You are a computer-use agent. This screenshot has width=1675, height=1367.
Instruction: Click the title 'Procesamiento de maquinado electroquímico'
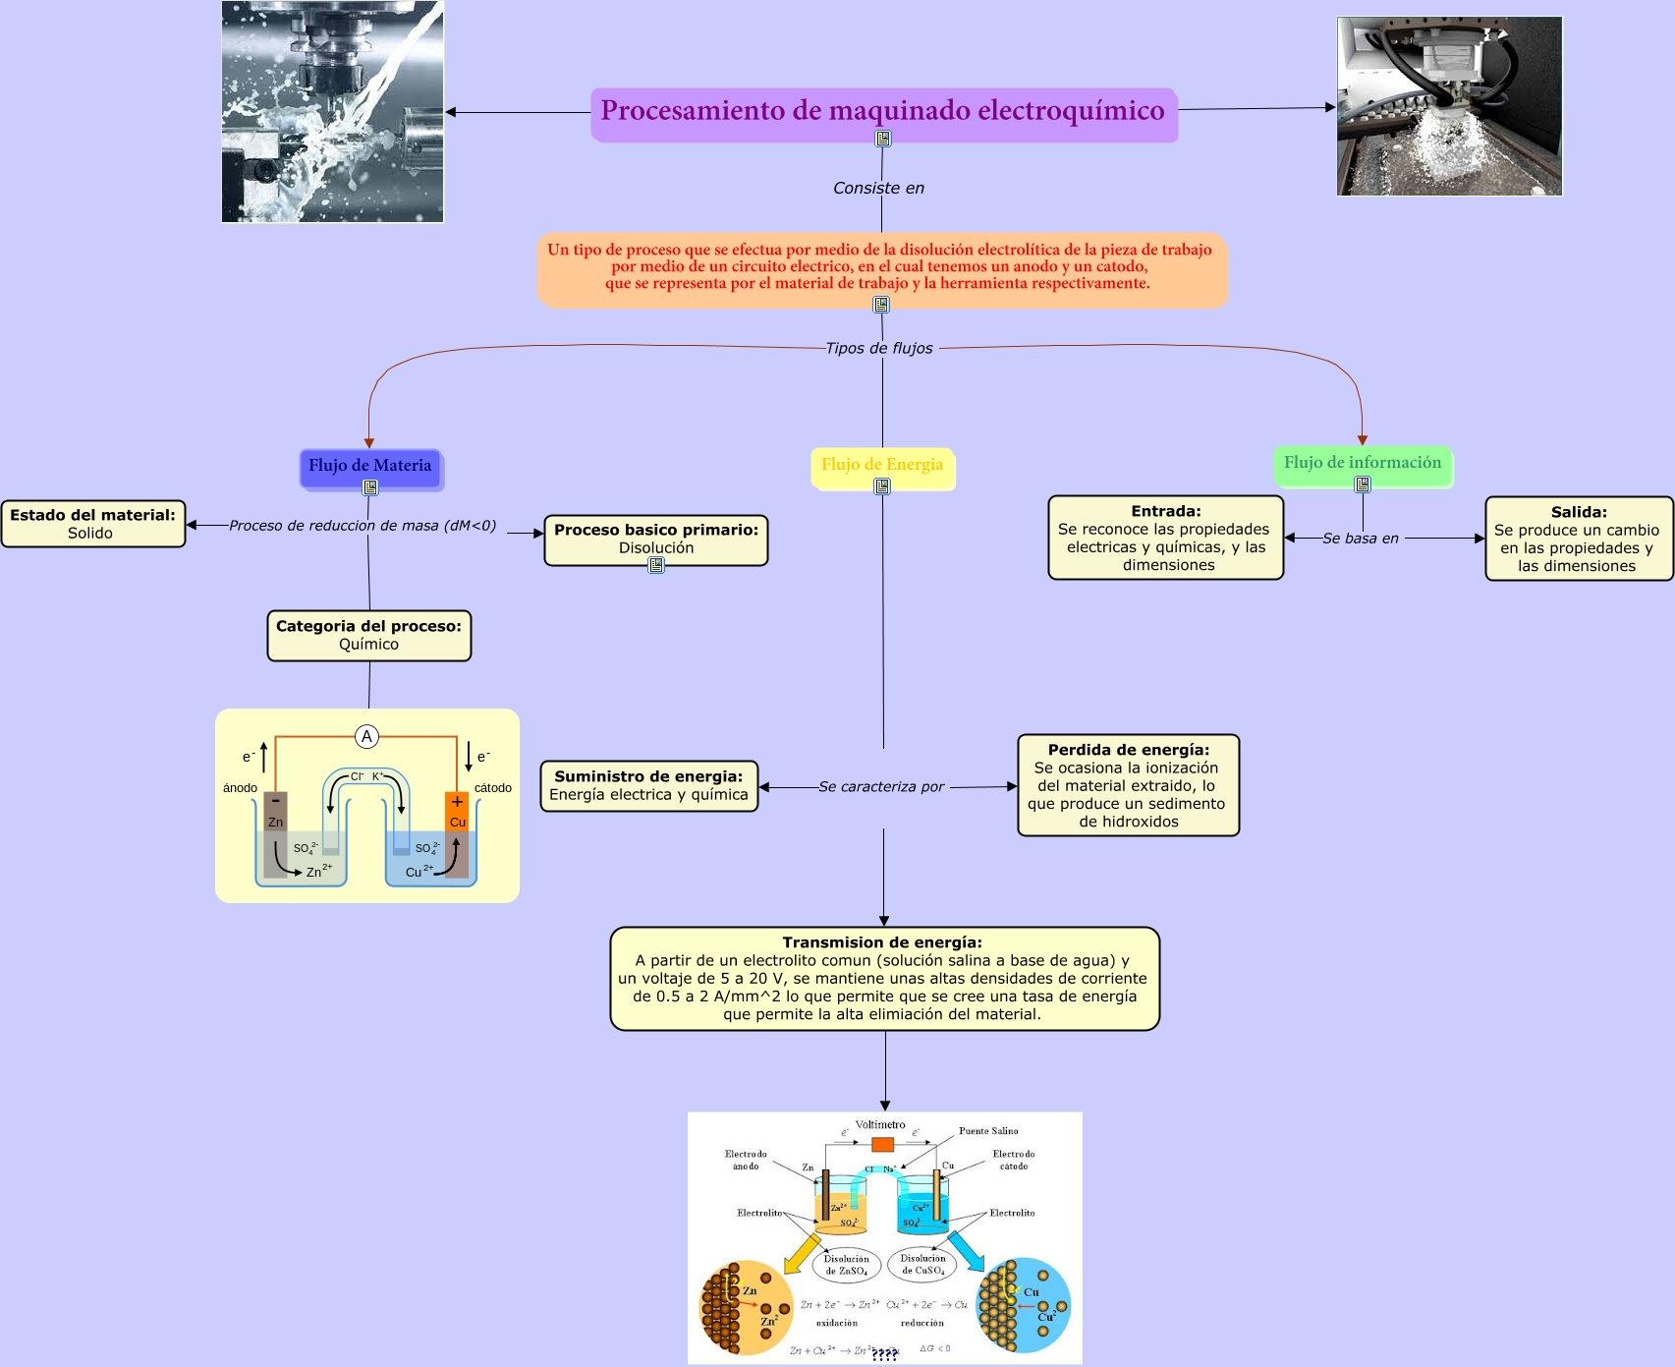[882, 110]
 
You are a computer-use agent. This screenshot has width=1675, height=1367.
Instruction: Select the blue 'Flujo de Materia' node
[369, 465]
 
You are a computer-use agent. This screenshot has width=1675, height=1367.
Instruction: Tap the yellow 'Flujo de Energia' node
[881, 464]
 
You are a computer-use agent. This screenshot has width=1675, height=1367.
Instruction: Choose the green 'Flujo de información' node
[1362, 462]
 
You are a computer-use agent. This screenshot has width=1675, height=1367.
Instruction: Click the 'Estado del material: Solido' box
[92, 524]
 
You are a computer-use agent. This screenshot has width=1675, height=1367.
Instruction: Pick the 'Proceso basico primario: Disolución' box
[655, 538]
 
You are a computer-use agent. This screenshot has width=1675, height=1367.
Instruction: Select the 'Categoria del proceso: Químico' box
[368, 635]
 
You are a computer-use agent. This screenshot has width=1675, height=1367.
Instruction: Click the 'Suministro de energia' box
[648, 785]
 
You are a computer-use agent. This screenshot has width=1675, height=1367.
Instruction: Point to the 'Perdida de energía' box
[1128, 785]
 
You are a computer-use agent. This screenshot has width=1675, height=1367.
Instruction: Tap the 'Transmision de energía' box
[884, 978]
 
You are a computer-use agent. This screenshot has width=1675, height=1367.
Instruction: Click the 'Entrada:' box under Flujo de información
[1165, 538]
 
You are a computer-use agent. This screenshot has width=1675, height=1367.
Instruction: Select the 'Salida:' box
[1578, 539]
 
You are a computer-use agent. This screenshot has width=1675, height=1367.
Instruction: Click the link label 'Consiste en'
[878, 188]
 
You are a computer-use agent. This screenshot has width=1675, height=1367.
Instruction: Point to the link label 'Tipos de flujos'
[879, 348]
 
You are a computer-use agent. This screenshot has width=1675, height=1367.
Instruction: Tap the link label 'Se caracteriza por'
[881, 786]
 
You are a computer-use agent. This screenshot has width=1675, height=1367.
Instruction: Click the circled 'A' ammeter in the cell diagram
[366, 736]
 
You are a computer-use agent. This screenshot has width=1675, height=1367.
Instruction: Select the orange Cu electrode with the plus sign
[457, 812]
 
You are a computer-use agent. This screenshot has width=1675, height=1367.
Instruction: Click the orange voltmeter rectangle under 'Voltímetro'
[882, 1144]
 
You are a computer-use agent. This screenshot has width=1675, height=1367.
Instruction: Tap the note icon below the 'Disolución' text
[656, 565]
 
